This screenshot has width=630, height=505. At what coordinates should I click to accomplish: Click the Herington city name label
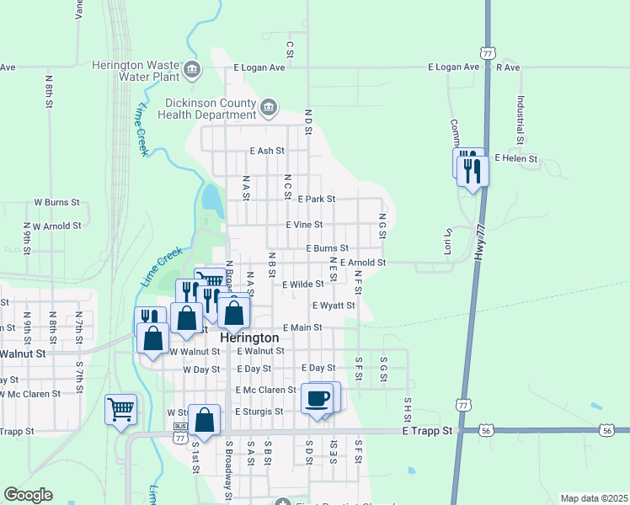point(248,337)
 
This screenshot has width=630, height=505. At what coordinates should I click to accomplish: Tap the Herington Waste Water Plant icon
point(192,68)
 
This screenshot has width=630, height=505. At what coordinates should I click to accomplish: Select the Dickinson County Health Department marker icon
point(268,106)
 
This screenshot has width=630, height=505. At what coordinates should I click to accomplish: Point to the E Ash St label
point(267,151)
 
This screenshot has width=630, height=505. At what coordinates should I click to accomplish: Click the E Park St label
point(317,199)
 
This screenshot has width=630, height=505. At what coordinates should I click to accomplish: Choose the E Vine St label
point(304,225)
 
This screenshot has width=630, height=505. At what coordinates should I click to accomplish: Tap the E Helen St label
point(515,157)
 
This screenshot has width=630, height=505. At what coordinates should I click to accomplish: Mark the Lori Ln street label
point(448,241)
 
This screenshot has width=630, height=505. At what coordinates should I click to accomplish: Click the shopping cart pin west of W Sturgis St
point(120,408)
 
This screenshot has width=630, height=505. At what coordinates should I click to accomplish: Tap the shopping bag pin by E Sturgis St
point(204,417)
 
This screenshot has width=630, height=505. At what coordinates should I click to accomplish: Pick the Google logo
point(29,495)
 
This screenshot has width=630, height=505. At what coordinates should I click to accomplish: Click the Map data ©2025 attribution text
point(593,498)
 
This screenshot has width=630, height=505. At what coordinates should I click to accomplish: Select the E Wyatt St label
point(333,306)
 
